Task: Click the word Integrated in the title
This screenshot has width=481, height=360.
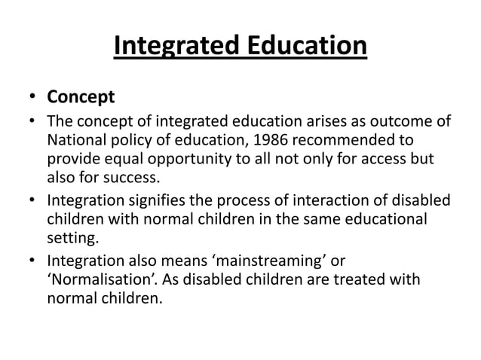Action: click(178, 47)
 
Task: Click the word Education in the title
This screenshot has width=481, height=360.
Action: click(307, 47)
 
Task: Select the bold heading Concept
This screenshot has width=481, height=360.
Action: click(81, 97)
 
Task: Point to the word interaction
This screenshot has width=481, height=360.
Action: click(326, 200)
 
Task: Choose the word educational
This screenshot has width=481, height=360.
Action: click(373, 220)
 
